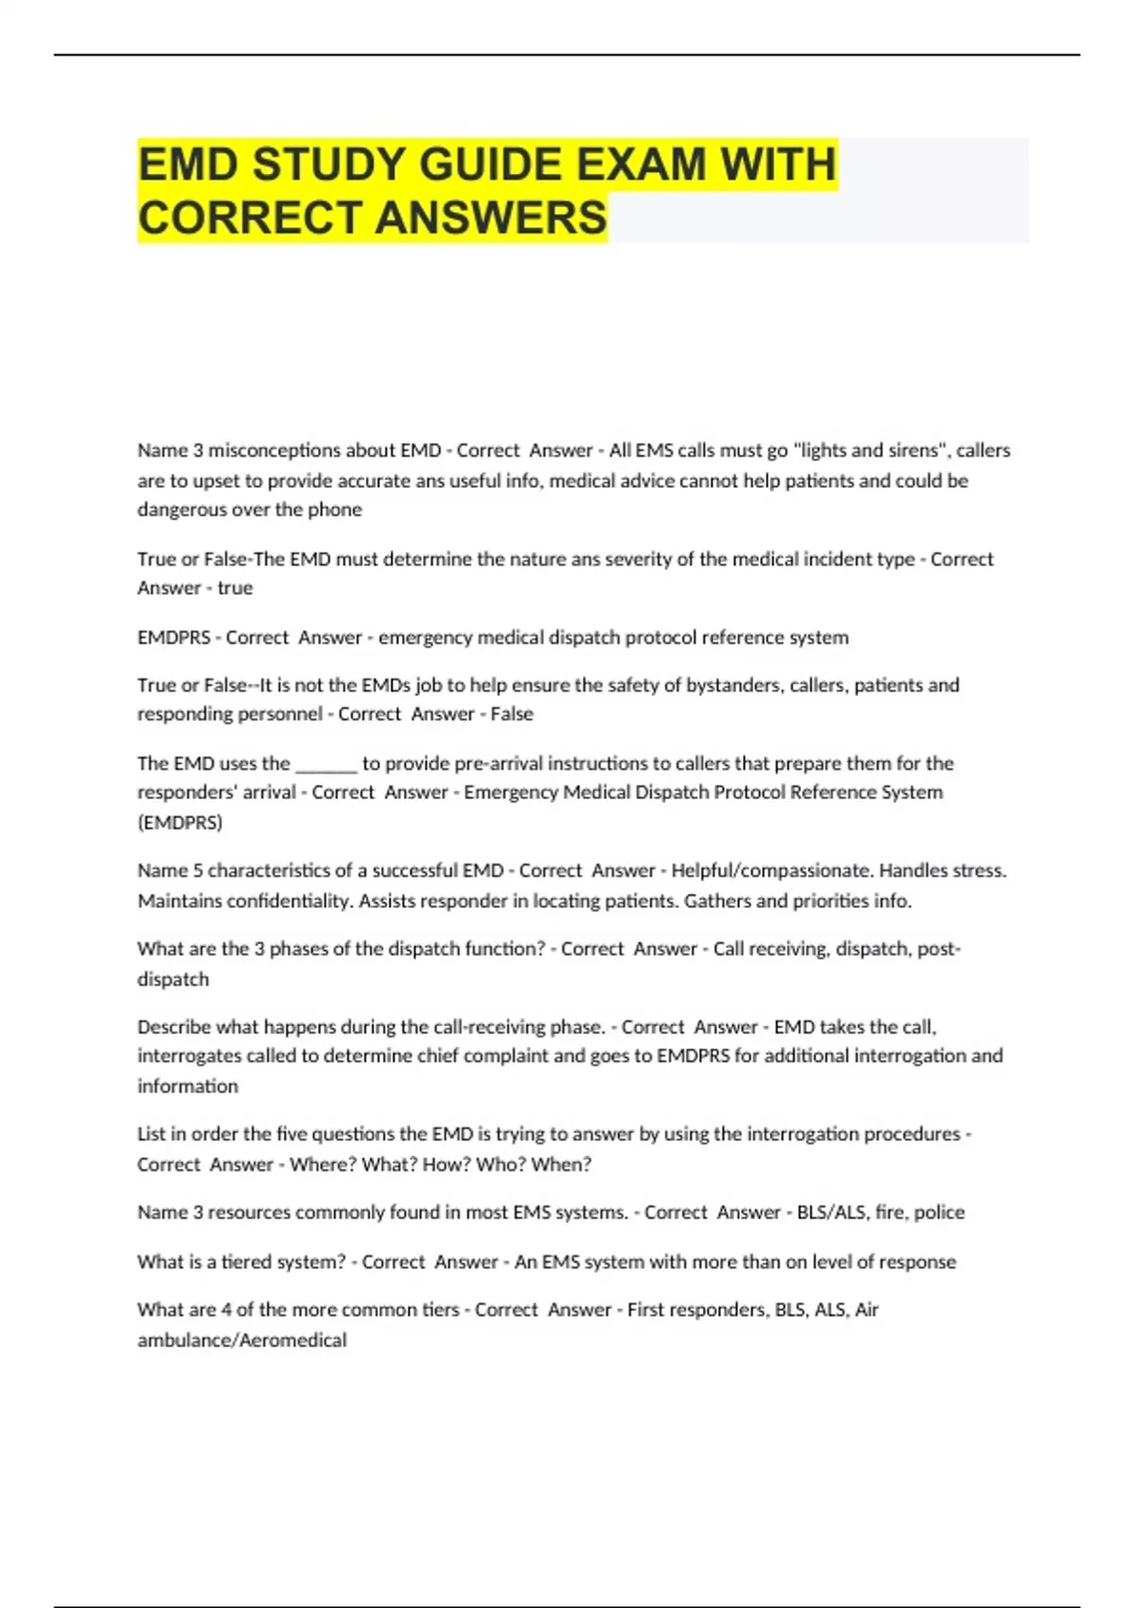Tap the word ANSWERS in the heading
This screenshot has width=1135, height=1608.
point(491,218)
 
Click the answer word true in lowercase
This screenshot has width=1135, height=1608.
point(235,588)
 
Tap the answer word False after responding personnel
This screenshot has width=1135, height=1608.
point(512,714)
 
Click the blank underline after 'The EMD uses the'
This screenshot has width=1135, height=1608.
point(326,764)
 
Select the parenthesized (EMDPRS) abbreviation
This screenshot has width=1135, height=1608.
point(180,823)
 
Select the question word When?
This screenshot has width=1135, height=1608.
point(561,1164)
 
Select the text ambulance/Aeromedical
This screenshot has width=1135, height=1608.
point(242,1340)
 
